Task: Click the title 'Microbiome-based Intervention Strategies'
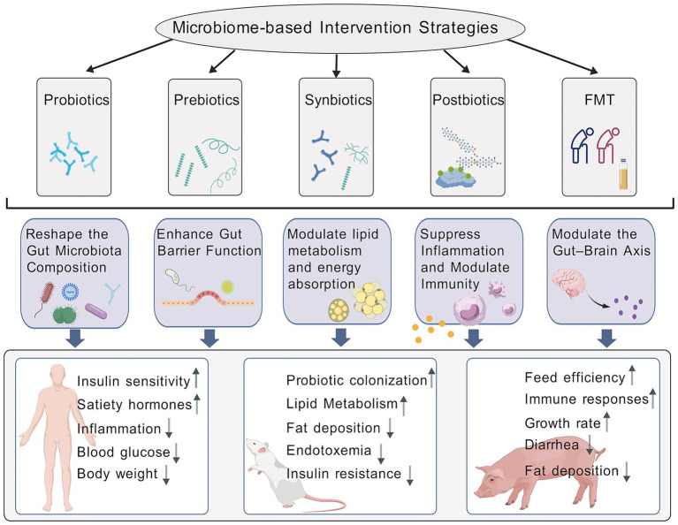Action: click(335, 27)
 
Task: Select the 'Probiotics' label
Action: click(77, 100)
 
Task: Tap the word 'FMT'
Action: click(598, 100)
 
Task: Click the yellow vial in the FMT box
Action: click(623, 174)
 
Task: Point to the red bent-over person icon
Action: click(608, 145)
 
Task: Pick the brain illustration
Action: click(569, 283)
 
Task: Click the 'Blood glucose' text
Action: click(123, 452)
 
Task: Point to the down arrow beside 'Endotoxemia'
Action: click(381, 453)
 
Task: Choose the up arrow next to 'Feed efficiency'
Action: click(632, 375)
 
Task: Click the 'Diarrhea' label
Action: click(552, 445)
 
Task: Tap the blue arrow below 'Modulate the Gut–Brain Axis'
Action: click(606, 338)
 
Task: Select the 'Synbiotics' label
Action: click(339, 100)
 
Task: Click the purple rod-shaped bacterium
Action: click(96, 311)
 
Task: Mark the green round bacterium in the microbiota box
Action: click(65, 315)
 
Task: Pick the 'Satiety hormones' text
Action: click(134, 404)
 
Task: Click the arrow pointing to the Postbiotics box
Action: click(457, 61)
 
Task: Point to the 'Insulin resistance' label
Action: click(343, 474)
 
